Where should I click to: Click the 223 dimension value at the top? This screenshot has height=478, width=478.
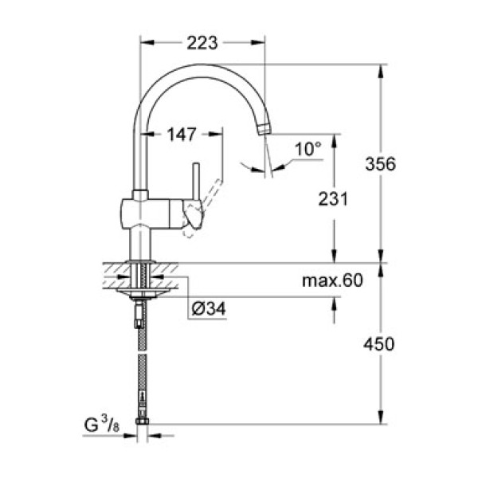(x=202, y=44)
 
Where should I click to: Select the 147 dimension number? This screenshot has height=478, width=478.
(x=182, y=135)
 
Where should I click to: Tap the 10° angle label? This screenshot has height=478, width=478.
(x=307, y=149)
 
